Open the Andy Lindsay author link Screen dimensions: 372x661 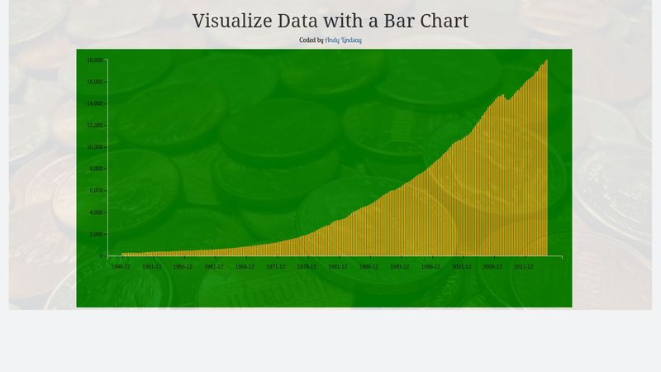(x=343, y=40)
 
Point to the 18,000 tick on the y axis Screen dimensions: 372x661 (x=94, y=60)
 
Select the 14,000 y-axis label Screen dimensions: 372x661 (x=94, y=104)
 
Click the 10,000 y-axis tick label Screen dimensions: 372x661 (x=94, y=147)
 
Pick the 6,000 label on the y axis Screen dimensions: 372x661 (x=96, y=191)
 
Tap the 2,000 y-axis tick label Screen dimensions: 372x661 (x=96, y=235)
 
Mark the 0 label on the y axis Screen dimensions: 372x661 (x=101, y=256)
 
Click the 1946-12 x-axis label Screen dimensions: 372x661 (x=121, y=267)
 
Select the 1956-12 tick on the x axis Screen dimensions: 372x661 (x=183, y=267)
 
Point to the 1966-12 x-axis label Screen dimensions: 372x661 (x=245, y=267)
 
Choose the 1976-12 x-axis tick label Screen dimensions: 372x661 (x=307, y=267)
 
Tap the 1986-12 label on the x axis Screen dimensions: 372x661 (x=369, y=267)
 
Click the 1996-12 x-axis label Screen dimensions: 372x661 (x=430, y=267)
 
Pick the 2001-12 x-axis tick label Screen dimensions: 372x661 (x=461, y=267)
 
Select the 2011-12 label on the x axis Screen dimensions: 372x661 (x=523, y=267)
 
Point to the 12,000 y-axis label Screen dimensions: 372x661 (x=94, y=126)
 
